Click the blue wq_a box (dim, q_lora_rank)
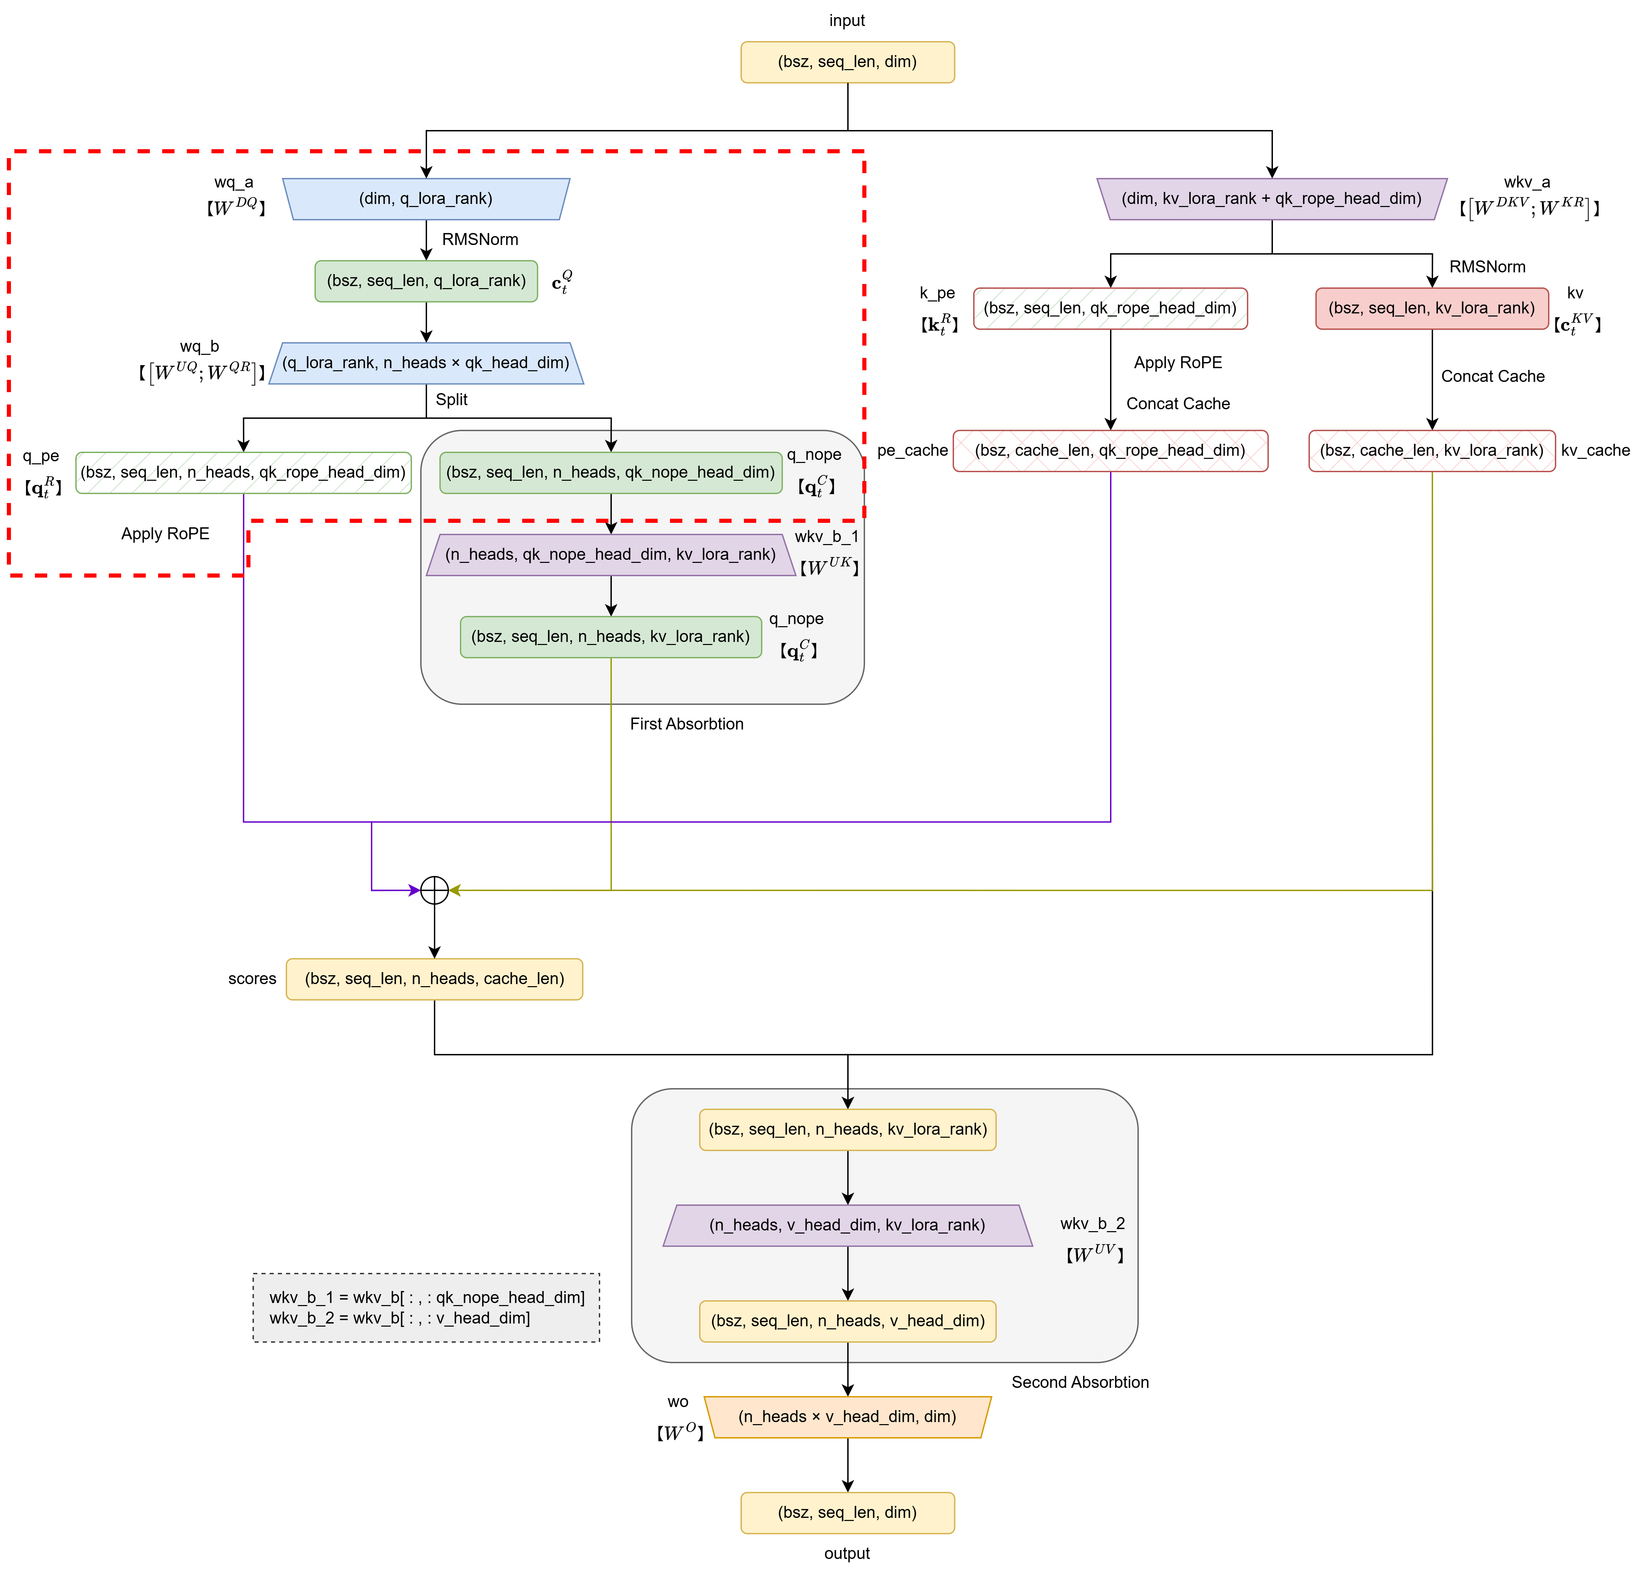426,199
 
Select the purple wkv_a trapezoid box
1271,199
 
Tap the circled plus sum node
434,890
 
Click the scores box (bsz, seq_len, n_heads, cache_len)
434,979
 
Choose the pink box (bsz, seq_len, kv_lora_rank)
1432,308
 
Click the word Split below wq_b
451,399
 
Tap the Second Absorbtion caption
1080,1382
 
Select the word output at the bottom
847,1553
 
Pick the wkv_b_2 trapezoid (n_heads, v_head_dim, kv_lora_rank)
847,1225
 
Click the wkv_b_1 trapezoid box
610,554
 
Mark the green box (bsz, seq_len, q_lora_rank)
426,281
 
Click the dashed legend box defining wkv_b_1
426,1308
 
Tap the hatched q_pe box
243,473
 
